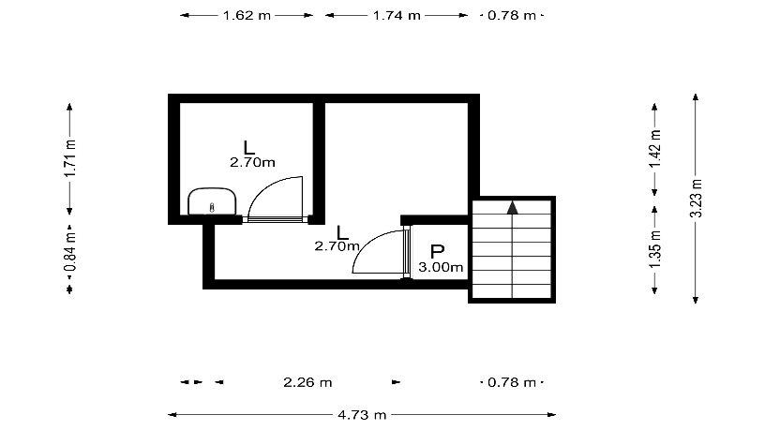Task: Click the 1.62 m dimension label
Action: [247, 16]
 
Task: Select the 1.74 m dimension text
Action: [397, 16]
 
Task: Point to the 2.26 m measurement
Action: [307, 382]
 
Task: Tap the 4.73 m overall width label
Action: [362, 415]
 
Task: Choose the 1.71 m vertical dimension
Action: [70, 158]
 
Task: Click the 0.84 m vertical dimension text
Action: [70, 252]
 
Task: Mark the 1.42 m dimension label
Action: [654, 149]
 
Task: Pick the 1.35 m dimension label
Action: [654, 249]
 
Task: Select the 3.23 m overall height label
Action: [696, 199]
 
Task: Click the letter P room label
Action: [437, 252]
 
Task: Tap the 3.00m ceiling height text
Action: [441, 267]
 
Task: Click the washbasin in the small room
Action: [212, 201]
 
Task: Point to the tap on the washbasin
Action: [212, 208]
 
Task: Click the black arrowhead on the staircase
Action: [512, 208]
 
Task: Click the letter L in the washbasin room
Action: [248, 147]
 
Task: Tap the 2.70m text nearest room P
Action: [337, 246]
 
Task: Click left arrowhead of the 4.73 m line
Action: [172, 415]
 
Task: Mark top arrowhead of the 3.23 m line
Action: [696, 97]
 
